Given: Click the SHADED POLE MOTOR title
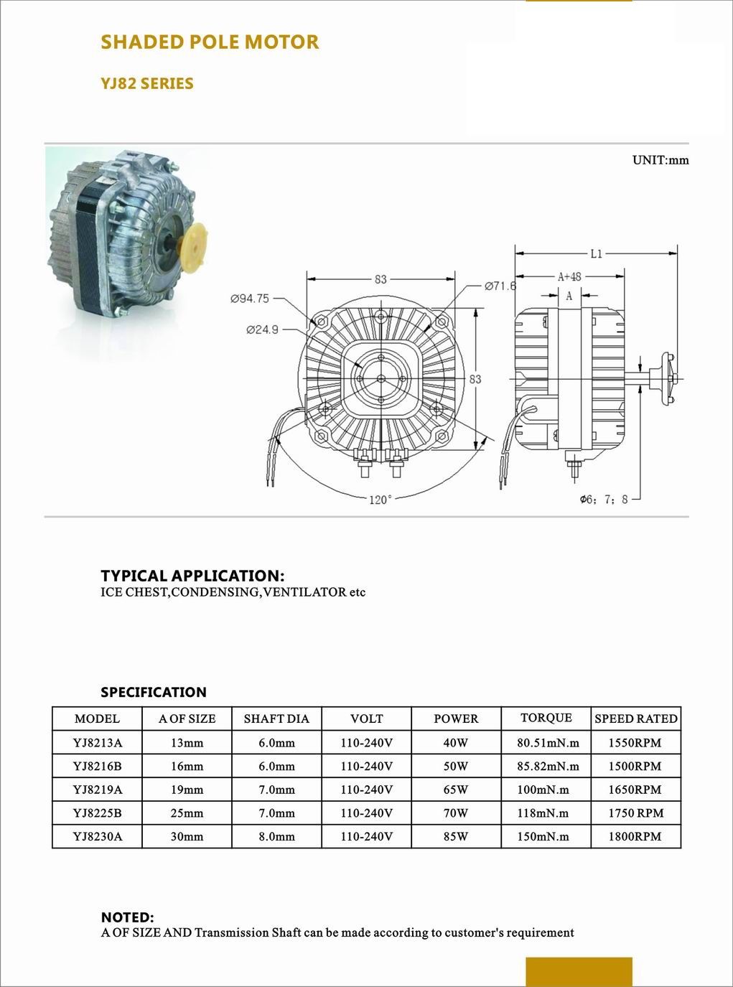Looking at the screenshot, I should click(210, 42).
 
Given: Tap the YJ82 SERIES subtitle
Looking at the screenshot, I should click(147, 84).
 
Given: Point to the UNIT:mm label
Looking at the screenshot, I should click(660, 160).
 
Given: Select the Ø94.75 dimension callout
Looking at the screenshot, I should click(250, 299).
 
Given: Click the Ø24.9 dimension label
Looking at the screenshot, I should click(262, 330).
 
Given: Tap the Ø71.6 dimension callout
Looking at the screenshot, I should click(500, 286).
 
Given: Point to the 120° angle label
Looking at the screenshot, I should click(380, 500).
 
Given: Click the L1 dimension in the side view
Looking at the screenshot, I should click(596, 253).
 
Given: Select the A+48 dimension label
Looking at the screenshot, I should click(569, 276).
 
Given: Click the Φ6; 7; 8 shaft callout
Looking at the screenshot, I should click(604, 500).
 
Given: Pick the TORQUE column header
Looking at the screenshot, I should click(546, 718).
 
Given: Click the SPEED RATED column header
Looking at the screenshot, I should click(635, 719).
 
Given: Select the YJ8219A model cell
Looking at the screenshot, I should click(97, 790).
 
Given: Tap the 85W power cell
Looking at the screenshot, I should click(456, 836).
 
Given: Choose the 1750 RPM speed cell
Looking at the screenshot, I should click(635, 813).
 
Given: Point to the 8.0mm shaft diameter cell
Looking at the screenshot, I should click(276, 836).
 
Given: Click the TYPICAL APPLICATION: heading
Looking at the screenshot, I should click(192, 576).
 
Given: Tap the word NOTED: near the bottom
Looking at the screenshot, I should click(127, 917).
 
